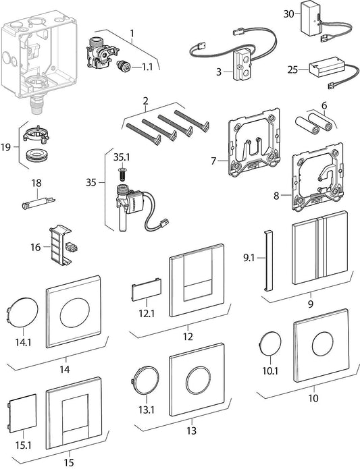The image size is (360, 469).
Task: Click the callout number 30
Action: [289, 13]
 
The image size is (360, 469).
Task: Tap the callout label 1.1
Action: [147, 67]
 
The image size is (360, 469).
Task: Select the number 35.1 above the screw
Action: [122, 158]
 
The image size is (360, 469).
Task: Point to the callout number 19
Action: [6, 147]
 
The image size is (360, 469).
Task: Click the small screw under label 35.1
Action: [121, 174]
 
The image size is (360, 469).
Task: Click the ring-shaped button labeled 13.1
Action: [145, 380]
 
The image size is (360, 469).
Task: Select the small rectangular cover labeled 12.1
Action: [147, 289]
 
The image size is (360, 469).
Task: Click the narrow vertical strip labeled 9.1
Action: [268, 260]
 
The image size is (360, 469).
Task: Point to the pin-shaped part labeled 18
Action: [38, 202]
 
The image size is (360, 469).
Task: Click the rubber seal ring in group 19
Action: [36, 156]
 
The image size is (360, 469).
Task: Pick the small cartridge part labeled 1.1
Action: [123, 67]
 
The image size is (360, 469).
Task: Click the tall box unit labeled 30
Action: [311, 21]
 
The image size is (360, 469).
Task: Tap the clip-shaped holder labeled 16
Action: [61, 246]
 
